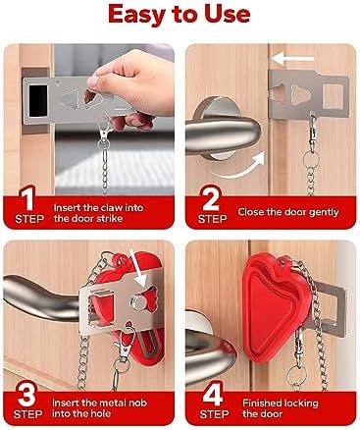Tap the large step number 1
point(28,197)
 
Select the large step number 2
point(211,197)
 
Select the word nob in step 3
point(138,403)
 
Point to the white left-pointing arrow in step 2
point(292,59)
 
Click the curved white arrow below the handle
point(241,166)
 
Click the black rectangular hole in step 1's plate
point(38,100)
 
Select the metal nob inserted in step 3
point(137,301)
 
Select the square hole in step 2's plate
point(334,96)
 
